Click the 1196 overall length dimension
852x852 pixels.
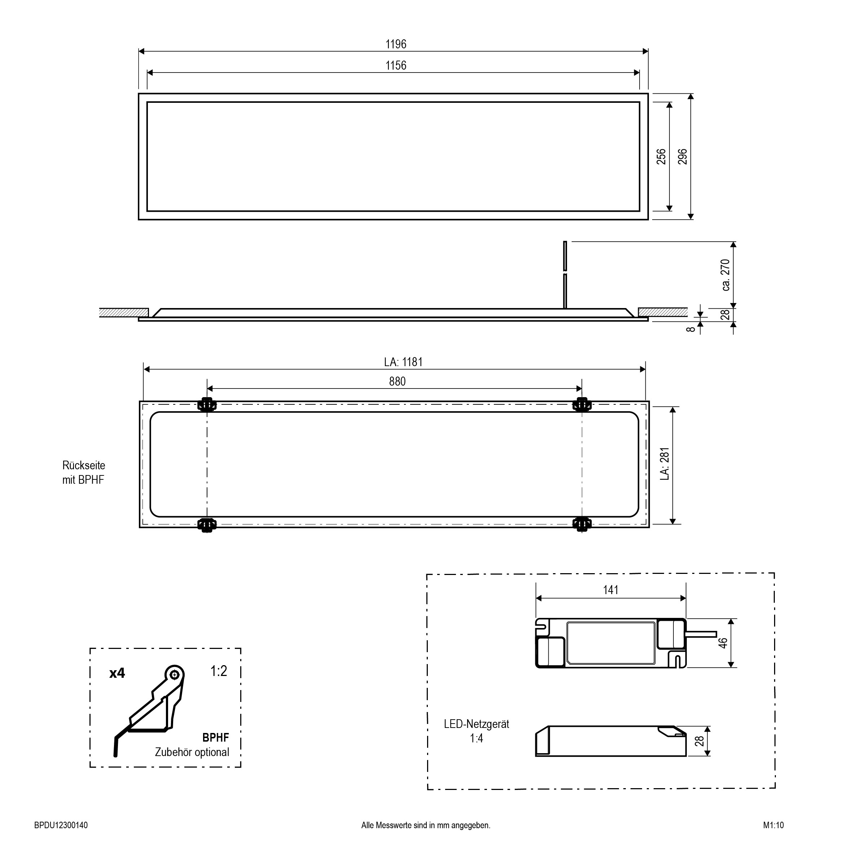(x=396, y=44)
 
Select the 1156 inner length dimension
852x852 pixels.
(x=396, y=65)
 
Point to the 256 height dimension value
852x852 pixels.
(x=661, y=157)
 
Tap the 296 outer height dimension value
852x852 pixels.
(x=682, y=157)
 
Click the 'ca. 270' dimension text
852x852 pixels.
(x=725, y=275)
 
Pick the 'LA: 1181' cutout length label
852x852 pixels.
(x=403, y=362)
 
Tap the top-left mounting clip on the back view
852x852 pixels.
(x=207, y=404)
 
